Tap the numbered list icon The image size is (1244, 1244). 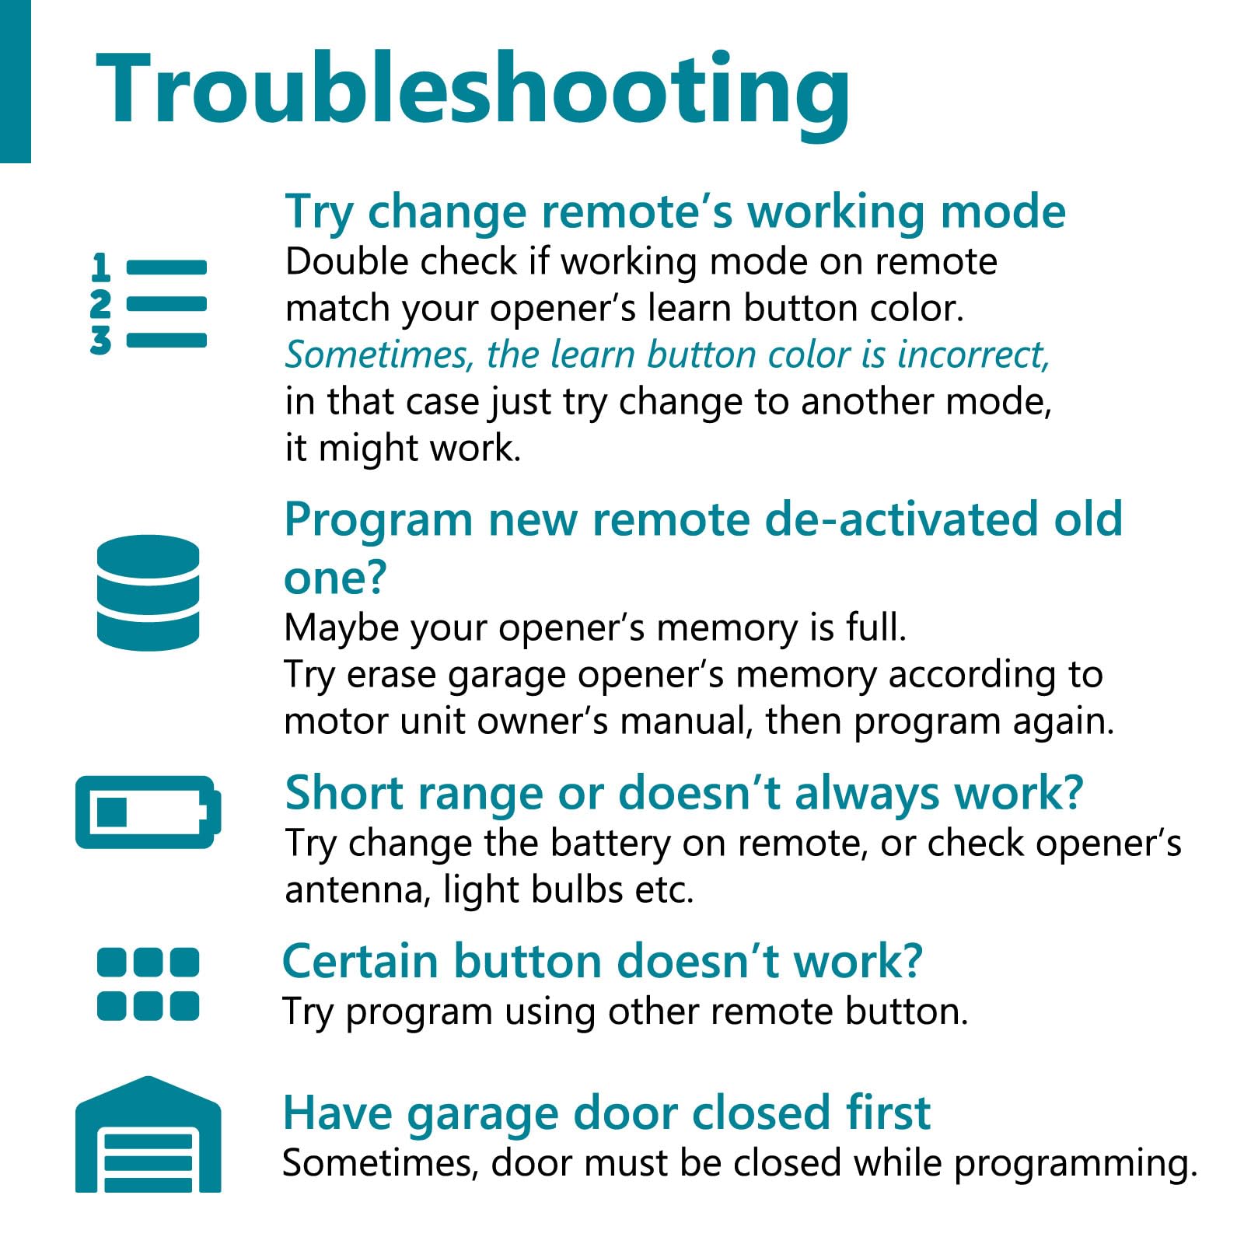pos(149,303)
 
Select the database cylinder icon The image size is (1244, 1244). pos(148,592)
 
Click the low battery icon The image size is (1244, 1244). pos(148,812)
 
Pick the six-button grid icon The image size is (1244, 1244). pos(148,984)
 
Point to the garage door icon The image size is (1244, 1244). pos(148,1134)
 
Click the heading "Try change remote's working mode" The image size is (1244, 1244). pos(675,212)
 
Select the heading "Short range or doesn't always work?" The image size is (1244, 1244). pos(684,793)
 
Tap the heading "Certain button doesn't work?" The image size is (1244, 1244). pos(602,961)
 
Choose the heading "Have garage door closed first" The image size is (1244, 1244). pos(606,1113)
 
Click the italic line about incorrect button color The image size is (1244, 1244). pos(668,355)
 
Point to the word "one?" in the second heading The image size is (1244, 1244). pos(335,579)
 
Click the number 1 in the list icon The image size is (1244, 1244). pos(100,267)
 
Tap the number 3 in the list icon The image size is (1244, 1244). pos(100,341)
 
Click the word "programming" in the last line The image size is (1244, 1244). pos(1075,1164)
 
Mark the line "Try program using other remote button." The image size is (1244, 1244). pos(625,1012)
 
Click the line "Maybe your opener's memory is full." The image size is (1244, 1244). pos(596,627)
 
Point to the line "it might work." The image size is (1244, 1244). pos(403,449)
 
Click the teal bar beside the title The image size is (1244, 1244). pos(16,82)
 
